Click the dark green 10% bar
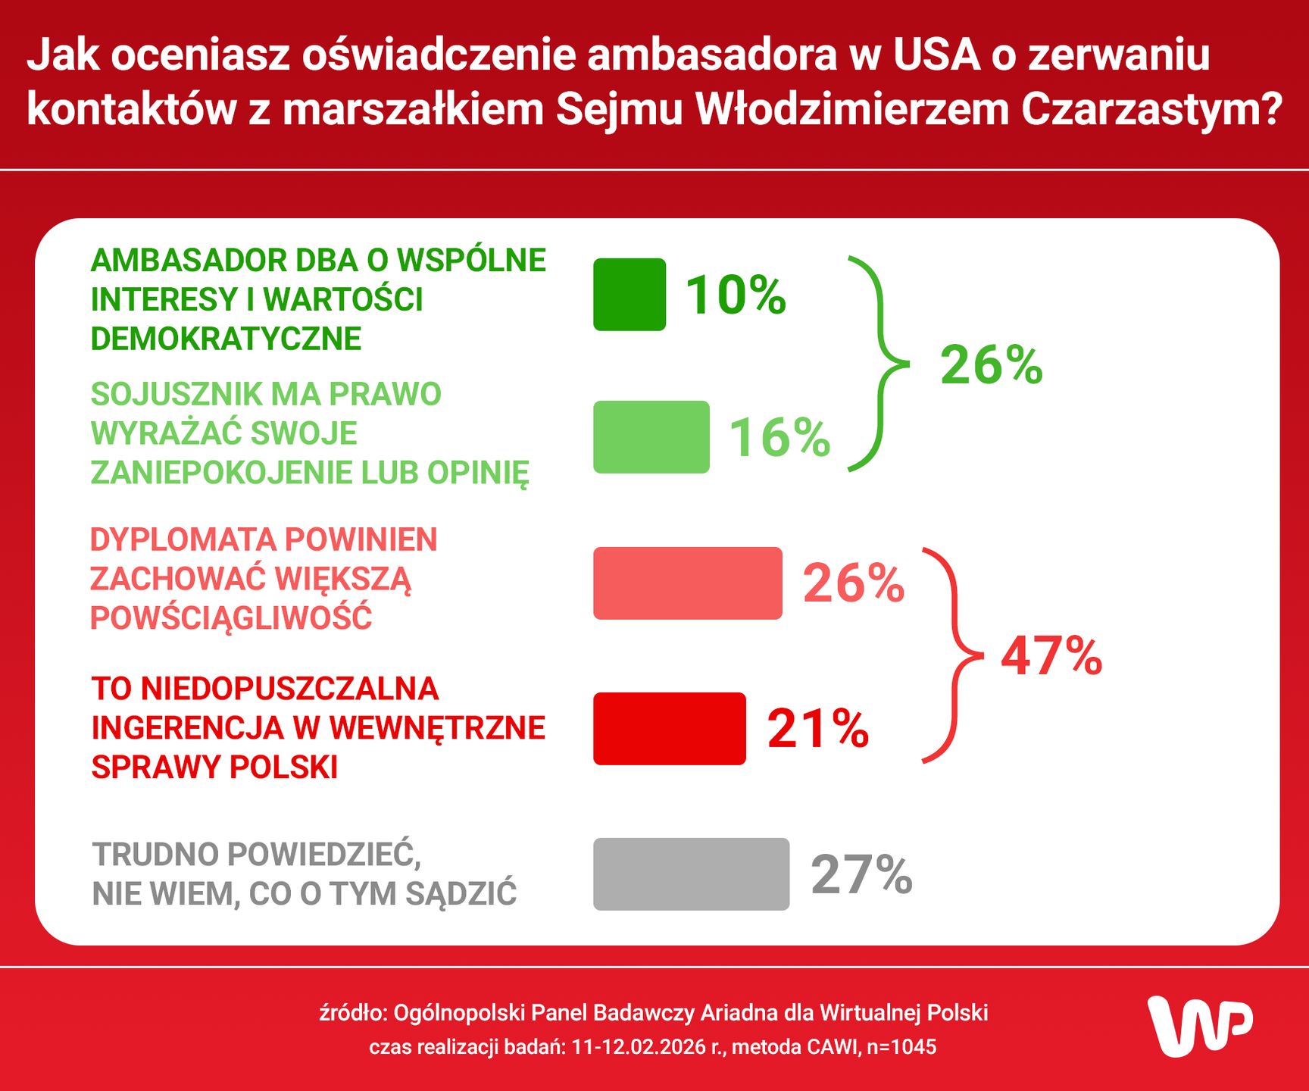pyautogui.click(x=630, y=295)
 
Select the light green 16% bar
pyautogui.click(x=651, y=437)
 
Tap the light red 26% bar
pyautogui.click(x=687, y=583)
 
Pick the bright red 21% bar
pyautogui.click(x=670, y=729)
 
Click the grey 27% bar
pyautogui.click(x=691, y=874)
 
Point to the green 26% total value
pyautogui.click(x=991, y=366)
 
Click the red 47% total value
pyautogui.click(x=1051, y=656)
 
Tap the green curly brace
pyautogui.click(x=879, y=364)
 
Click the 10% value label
pyautogui.click(x=736, y=295)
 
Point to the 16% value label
pyautogui.click(x=779, y=438)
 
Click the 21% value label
pyautogui.click(x=817, y=730)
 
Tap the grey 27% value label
pyautogui.click(x=861, y=875)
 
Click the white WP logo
pyautogui.click(x=1199, y=1026)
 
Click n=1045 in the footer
pyautogui.click(x=901, y=1047)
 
